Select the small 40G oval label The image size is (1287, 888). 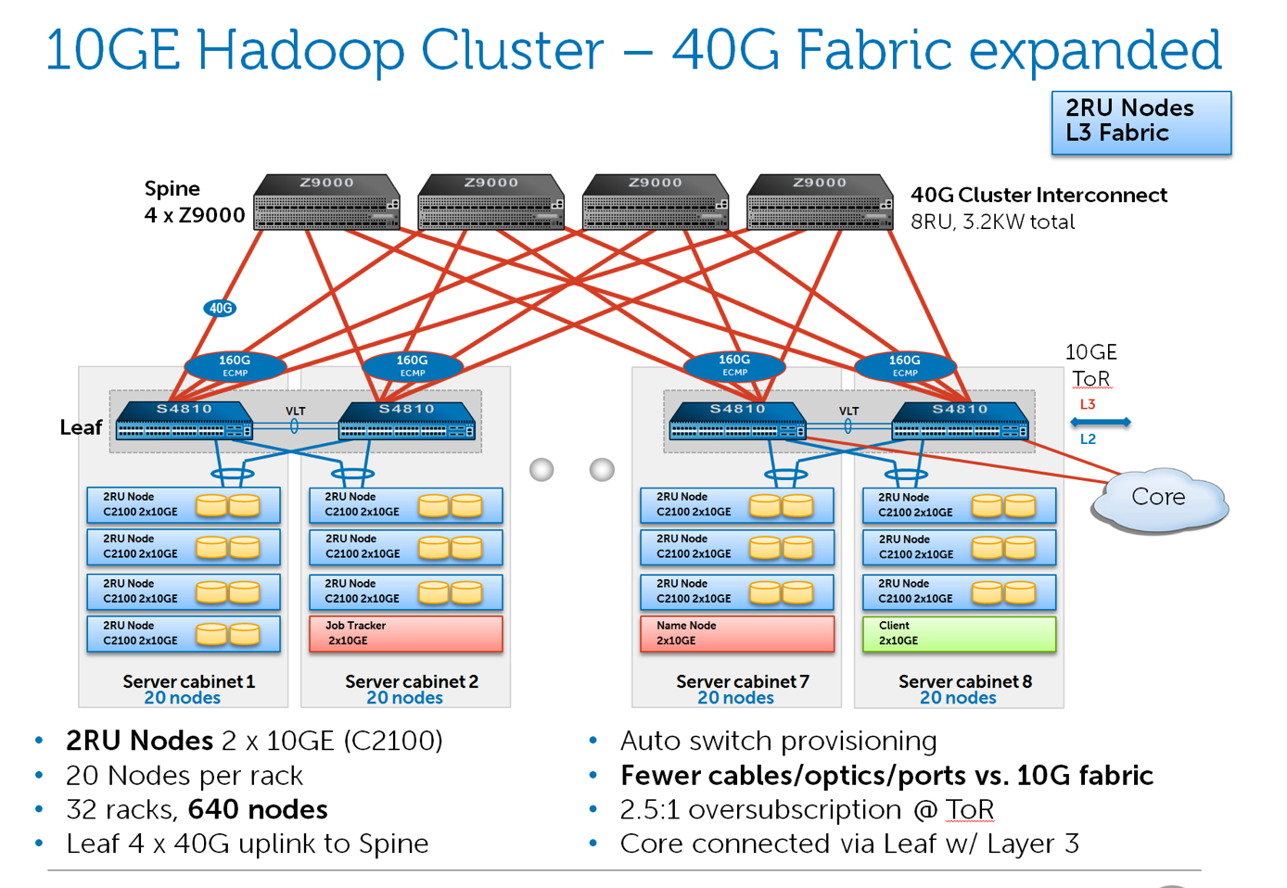220,308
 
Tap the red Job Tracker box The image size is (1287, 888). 405,634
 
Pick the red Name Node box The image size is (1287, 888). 736,634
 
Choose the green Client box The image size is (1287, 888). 959,634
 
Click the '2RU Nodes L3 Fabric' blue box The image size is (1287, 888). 1140,121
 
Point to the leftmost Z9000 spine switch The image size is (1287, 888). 326,201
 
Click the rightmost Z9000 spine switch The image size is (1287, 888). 820,201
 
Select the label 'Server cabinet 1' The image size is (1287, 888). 188,681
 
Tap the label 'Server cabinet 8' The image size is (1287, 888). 964,681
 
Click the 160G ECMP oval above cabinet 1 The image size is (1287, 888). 235,365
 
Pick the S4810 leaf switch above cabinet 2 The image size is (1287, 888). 407,421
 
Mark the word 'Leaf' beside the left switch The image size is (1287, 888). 81,427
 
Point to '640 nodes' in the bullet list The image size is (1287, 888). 258,809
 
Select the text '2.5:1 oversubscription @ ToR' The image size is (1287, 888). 807,809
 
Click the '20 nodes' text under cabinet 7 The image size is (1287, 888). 735,698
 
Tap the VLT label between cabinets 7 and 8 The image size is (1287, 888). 848,411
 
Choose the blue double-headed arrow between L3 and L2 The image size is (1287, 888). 1101,422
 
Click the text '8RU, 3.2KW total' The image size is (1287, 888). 992,222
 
